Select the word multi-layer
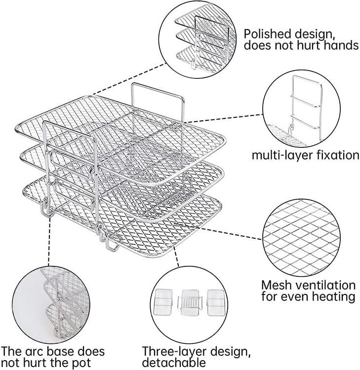click(278, 155)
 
